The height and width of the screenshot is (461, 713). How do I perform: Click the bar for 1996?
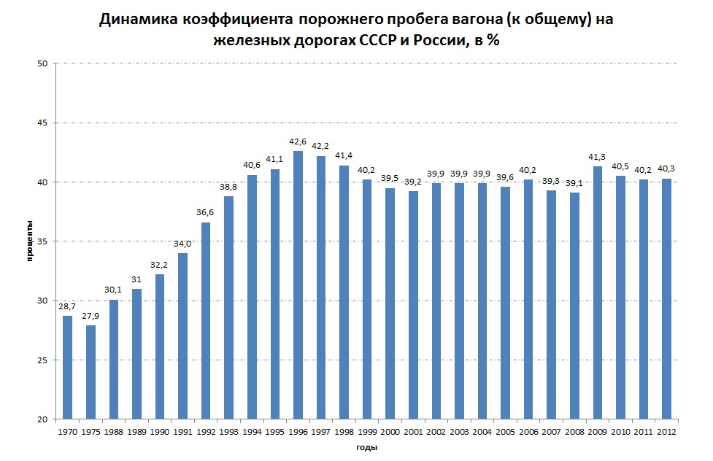coord(298,285)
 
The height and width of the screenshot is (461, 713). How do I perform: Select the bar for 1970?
coord(68,368)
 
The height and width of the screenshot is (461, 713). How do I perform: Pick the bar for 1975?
coord(90,372)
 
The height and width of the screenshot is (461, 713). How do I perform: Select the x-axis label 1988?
coord(114,431)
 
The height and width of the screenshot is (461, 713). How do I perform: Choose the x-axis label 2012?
coord(666,431)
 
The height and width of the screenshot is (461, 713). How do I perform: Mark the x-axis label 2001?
coord(413,431)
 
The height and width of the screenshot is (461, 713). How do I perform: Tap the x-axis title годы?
coord(366,446)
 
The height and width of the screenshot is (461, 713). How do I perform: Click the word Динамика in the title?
coord(136,20)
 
